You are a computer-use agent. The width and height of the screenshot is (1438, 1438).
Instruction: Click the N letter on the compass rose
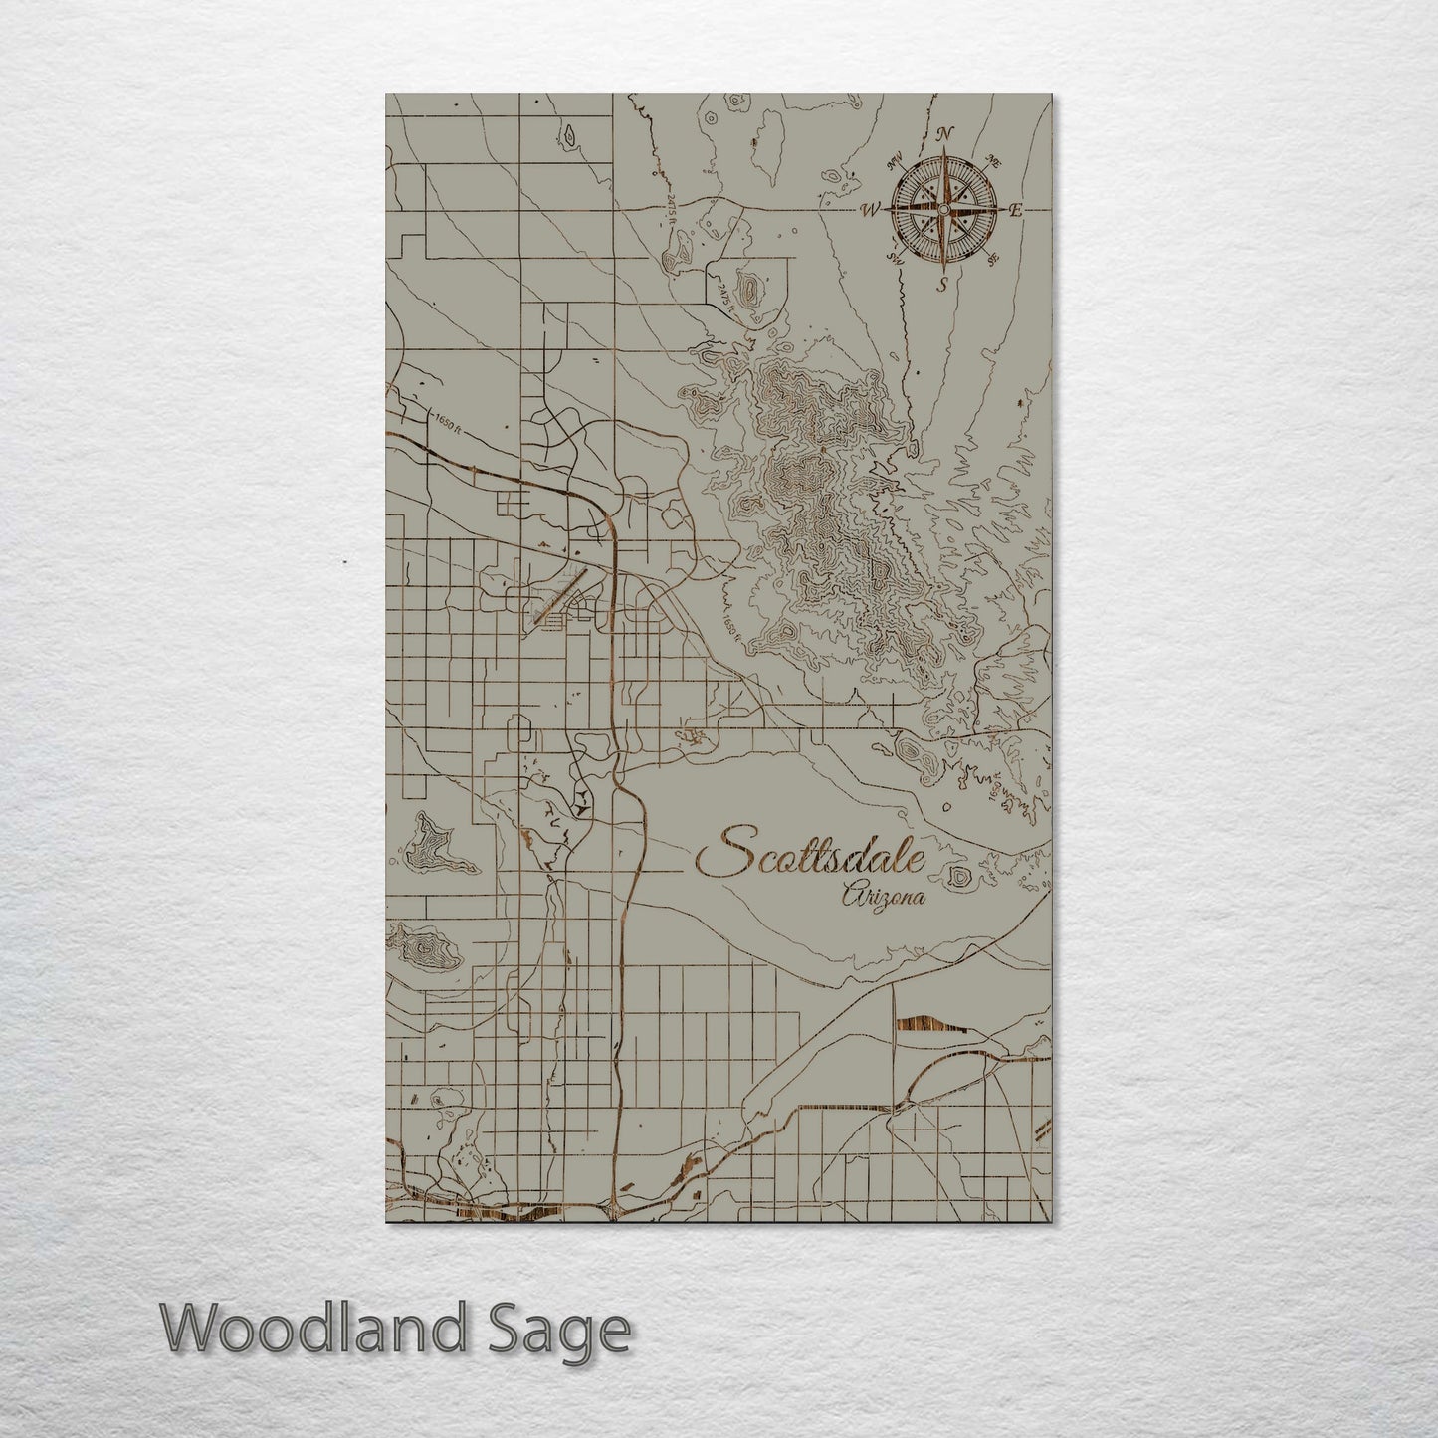[946, 134]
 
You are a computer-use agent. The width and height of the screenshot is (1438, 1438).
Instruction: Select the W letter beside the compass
[870, 210]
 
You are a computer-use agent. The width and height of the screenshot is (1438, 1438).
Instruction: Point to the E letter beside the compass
[1016, 210]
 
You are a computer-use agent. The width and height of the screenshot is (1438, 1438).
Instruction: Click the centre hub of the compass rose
[942, 209]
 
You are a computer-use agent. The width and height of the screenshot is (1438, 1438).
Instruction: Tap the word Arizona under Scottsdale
[882, 898]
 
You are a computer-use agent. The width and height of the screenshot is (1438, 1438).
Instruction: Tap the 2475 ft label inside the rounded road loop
[720, 295]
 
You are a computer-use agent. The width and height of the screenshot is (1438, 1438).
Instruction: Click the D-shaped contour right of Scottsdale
[960, 877]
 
